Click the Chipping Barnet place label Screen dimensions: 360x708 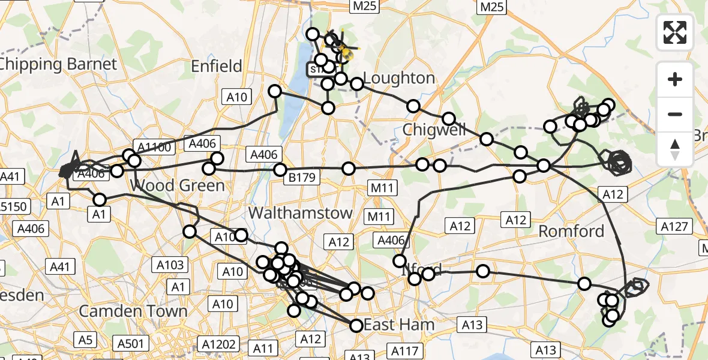pyautogui.click(x=58, y=64)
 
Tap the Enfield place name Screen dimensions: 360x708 pyautogui.click(x=217, y=66)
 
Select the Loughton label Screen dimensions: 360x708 pyautogui.click(x=399, y=78)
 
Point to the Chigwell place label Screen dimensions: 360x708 pyautogui.click(x=434, y=129)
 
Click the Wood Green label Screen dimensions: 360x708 pyautogui.click(x=178, y=185)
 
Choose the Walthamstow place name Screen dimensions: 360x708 pyautogui.click(x=301, y=212)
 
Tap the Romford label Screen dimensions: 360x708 pyautogui.click(x=571, y=231)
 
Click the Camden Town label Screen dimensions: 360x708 pyautogui.click(x=133, y=311)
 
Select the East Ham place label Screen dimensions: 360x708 pyautogui.click(x=399, y=325)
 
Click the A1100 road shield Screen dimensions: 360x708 pyautogui.click(x=154, y=148)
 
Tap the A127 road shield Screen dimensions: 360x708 pyautogui.click(x=675, y=226)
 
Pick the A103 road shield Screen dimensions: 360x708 pyautogui.click(x=170, y=264)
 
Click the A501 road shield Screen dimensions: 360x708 pyautogui.click(x=130, y=343)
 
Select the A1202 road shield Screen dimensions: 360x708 pyautogui.click(x=219, y=344)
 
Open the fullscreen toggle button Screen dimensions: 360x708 pyautogui.click(x=675, y=32)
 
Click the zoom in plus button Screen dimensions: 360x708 pyautogui.click(x=675, y=79)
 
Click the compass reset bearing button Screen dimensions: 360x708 pyautogui.click(x=675, y=149)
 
